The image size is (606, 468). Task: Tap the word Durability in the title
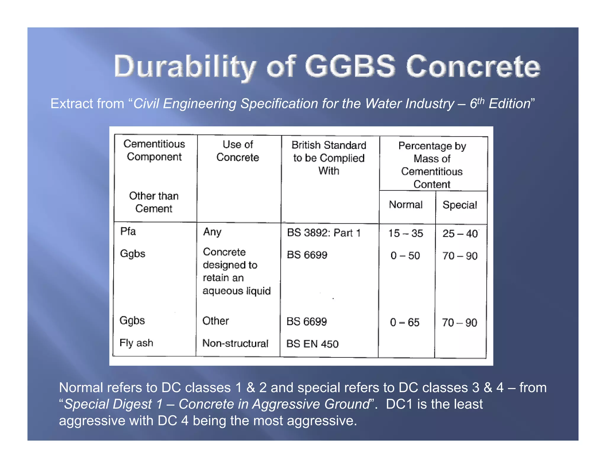185,67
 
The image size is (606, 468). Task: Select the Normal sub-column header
405,204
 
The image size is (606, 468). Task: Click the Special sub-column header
460,205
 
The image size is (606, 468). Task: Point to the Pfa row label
128,231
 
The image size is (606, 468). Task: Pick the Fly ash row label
136,343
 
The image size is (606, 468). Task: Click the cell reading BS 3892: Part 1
324,233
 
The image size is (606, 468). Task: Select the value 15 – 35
406,233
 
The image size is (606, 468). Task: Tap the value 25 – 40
460,233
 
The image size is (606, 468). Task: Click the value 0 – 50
405,255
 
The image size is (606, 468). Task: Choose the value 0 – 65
404,322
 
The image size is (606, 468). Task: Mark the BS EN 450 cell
312,344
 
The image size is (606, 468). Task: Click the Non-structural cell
235,343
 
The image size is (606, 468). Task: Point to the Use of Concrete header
238,151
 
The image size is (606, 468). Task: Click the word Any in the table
212,232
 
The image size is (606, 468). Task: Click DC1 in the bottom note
399,404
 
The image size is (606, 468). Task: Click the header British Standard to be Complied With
329,158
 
